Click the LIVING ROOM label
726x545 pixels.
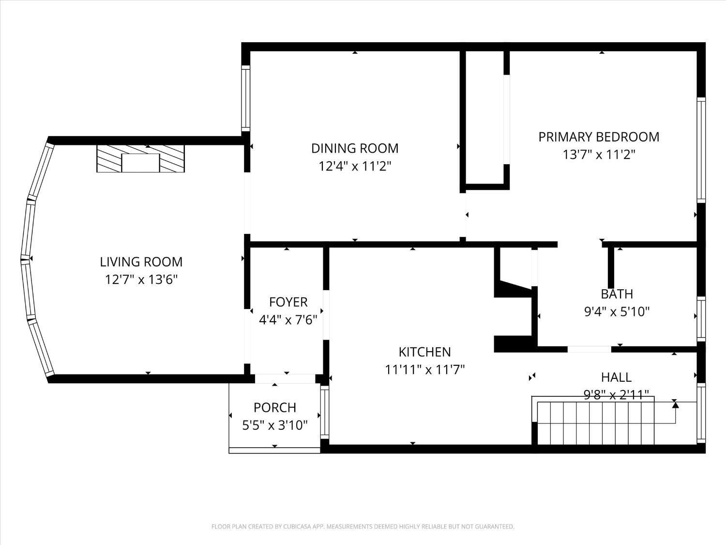141,262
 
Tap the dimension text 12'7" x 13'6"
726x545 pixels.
141,280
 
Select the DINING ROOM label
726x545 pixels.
355,148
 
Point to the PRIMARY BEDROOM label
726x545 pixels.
599,137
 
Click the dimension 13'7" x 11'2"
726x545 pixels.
599,155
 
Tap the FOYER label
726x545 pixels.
288,302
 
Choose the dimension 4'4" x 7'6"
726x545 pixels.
288,320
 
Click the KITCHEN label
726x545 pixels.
424,352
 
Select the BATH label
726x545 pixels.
617,294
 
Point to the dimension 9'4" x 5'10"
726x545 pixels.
617,311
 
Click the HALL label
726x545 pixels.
616,377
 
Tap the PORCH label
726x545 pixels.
275,407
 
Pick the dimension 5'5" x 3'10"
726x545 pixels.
275,425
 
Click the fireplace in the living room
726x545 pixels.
140,158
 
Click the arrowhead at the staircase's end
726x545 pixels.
675,404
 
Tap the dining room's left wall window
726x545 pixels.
245,98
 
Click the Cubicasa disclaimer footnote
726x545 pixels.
363,527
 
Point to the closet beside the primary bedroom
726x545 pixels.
484,116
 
